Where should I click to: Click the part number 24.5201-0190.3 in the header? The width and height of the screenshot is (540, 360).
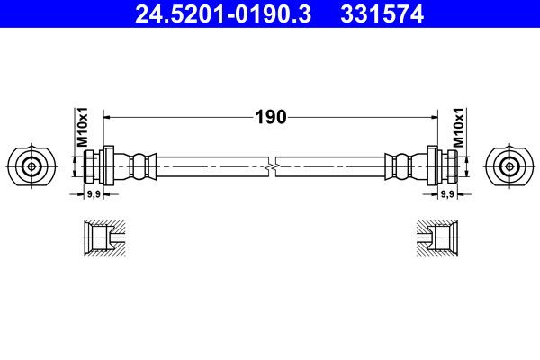click(223, 13)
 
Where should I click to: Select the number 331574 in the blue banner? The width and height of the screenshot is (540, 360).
click(382, 13)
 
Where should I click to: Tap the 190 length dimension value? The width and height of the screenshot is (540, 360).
click(271, 117)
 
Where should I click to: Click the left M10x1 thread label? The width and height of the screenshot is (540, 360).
click(82, 127)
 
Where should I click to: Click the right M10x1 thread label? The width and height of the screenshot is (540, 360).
click(458, 127)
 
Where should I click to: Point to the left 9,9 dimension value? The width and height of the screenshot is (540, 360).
click(94, 194)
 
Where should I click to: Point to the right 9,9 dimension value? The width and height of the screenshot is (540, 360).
click(447, 194)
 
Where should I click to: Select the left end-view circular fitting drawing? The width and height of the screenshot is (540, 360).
click(31, 166)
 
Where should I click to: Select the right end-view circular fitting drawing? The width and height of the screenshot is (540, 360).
click(509, 166)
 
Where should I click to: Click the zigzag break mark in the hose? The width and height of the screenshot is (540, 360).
click(272, 167)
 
